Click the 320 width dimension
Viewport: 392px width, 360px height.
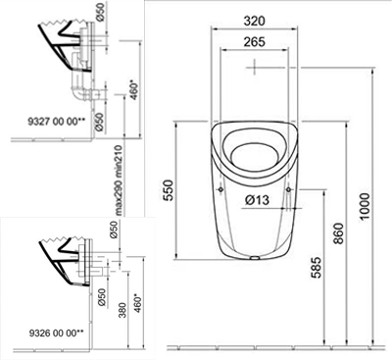pos(254,21)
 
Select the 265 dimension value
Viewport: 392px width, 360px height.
pos(254,42)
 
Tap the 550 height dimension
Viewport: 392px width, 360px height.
pos(168,190)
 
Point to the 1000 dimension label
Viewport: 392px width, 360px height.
pos(364,206)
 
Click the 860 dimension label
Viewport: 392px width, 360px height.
pos(338,233)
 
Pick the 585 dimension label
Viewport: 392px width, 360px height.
pos(316,268)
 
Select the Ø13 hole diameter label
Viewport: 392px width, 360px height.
pos(258,199)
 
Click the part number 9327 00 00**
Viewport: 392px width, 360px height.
pos(57,122)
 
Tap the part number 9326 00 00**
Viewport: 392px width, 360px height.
pos(57,333)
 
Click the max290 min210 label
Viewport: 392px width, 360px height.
pos(119,180)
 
